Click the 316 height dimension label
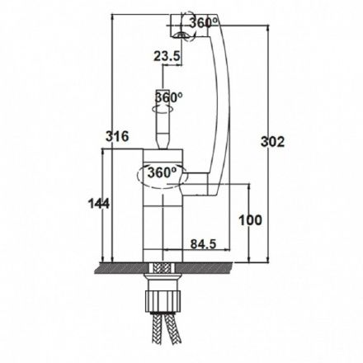[x=117, y=136]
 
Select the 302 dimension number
[x=272, y=142]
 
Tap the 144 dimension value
[x=98, y=204]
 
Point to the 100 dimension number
[x=250, y=220]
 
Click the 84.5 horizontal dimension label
[x=203, y=243]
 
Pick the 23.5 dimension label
[x=167, y=56]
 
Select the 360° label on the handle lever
[x=169, y=97]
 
